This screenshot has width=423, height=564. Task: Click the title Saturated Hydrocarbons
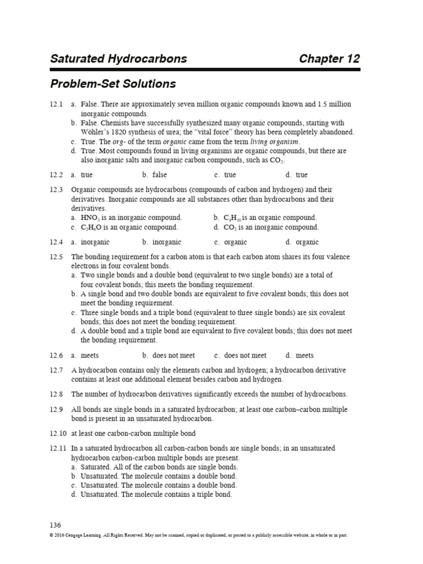pos(118,59)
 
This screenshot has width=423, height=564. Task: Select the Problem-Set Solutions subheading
pos(113,84)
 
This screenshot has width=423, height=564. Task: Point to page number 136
pos(56,525)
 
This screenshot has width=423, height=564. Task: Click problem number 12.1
pos(56,104)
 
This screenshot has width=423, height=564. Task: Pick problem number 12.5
pos(56,257)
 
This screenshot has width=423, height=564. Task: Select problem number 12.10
pos(58,433)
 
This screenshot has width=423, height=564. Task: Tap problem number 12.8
pos(56,394)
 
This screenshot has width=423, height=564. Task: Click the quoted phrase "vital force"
pos(233,132)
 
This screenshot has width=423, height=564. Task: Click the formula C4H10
pos(228,218)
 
